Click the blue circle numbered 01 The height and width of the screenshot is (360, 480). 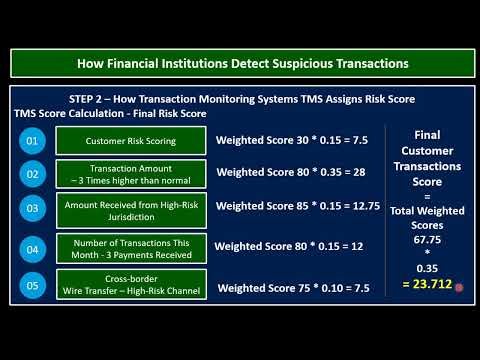coord(33,142)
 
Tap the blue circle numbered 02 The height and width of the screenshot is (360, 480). coord(33,175)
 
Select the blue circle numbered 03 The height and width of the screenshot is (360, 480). coord(33,208)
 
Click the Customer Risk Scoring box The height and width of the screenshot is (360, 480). coord(130,142)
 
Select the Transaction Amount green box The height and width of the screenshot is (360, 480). coord(130,175)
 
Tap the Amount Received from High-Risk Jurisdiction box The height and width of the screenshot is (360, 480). coord(130,208)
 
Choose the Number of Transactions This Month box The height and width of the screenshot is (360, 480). coord(130,247)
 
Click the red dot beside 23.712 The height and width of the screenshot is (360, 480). coord(458,288)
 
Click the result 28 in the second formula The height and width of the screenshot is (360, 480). coord(347,174)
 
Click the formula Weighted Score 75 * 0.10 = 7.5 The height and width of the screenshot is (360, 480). coord(294,288)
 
